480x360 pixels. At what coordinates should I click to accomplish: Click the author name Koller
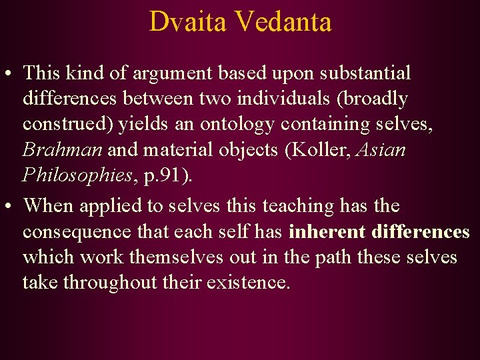pos(319,150)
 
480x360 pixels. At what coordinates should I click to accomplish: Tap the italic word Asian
pos(381,150)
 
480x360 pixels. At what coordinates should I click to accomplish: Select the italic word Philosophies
pos(75,175)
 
